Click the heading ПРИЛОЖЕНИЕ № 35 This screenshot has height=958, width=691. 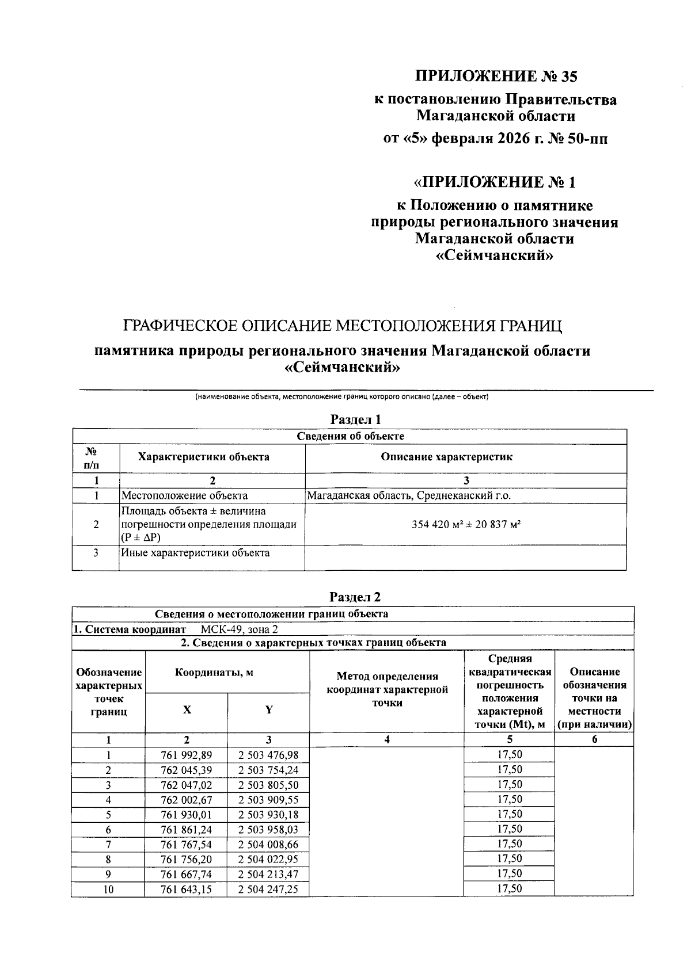tap(495, 76)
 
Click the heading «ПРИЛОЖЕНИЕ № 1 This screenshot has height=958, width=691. tap(495, 182)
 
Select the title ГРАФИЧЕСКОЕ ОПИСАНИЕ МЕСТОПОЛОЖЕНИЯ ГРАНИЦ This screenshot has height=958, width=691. tap(343, 326)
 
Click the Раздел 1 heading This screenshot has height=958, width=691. tap(355, 419)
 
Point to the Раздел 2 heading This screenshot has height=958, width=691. tap(355, 597)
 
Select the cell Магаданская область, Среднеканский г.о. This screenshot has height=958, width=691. tap(409, 495)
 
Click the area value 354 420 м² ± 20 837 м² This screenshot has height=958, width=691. tap(466, 524)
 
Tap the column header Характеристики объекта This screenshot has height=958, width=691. tap(212, 457)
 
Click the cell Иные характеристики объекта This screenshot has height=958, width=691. tap(195, 553)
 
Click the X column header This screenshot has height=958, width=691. tap(187, 709)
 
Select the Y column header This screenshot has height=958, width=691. tap(268, 709)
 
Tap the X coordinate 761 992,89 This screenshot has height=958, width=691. tap(187, 755)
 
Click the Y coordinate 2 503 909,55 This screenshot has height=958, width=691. tap(268, 800)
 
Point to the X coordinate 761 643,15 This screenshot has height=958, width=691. tap(187, 890)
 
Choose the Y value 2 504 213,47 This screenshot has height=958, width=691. tap(268, 875)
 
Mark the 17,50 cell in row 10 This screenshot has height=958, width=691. tap(509, 888)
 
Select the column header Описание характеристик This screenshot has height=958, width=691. tap(466, 457)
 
